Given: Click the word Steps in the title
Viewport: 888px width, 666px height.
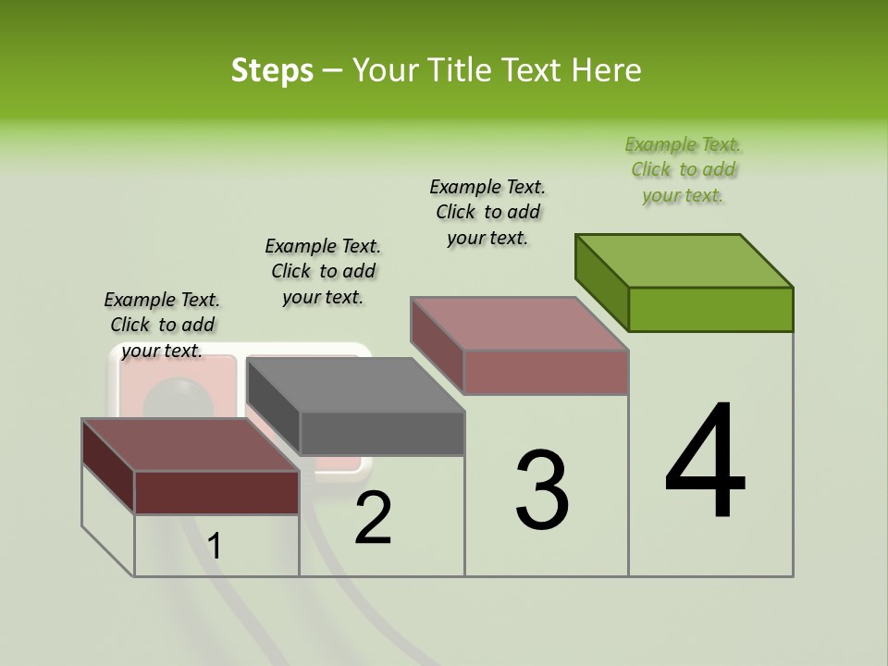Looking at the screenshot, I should pyautogui.click(x=271, y=70).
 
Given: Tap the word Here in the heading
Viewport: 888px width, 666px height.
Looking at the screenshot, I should pyautogui.click(x=606, y=70).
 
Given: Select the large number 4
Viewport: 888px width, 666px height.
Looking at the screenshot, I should pyautogui.click(x=705, y=462).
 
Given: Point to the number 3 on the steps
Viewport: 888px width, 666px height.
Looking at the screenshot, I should pyautogui.click(x=542, y=490).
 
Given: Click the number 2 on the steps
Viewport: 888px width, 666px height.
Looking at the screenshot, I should pyautogui.click(x=373, y=518).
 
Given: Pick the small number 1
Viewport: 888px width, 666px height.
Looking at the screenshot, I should pyautogui.click(x=215, y=547).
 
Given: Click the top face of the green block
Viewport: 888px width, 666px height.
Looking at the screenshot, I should pyautogui.click(x=684, y=261).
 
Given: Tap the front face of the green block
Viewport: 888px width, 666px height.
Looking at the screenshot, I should pyautogui.click(x=710, y=309).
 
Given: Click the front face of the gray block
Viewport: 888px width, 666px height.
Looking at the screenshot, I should pyautogui.click(x=382, y=433).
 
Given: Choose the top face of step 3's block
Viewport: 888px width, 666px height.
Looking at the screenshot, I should pyautogui.click(x=520, y=324).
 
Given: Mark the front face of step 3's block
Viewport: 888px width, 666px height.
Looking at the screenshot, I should pyautogui.click(x=546, y=372).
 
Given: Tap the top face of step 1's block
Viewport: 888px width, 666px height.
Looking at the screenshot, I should pyautogui.click(x=190, y=445).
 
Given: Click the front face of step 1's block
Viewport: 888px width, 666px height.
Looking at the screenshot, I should pyautogui.click(x=216, y=492).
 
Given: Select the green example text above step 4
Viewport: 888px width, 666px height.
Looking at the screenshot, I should pyautogui.click(x=683, y=170).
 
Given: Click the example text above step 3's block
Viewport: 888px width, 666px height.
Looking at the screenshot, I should pyautogui.click(x=487, y=213).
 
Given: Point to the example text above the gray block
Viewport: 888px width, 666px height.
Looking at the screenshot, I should pyautogui.click(x=323, y=271).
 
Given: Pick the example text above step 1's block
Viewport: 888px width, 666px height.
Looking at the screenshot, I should pyautogui.click(x=162, y=325).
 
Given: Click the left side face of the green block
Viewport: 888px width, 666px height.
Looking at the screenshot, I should pyautogui.click(x=601, y=281).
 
